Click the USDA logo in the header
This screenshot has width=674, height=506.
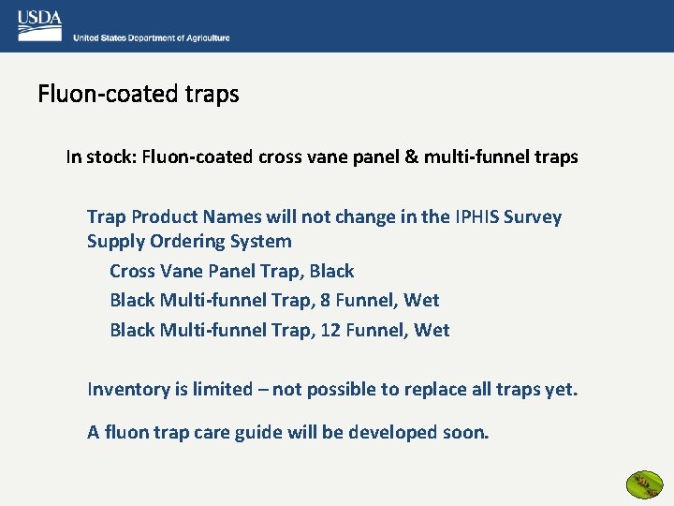click(x=39, y=25)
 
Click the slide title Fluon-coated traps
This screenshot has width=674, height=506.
click(x=139, y=95)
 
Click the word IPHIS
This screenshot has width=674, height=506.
click(x=476, y=217)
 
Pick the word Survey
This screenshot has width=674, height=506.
click(x=533, y=217)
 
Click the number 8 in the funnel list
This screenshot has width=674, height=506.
click(x=326, y=301)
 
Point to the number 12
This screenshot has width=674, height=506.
click(x=330, y=331)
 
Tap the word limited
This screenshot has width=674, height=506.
click(x=221, y=390)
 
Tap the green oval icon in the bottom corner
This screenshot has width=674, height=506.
click(x=643, y=484)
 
